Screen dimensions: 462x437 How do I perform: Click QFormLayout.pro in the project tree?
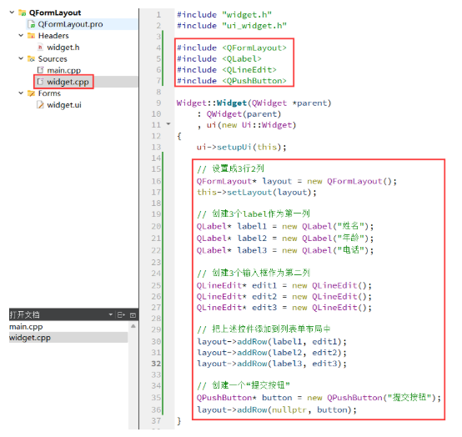click(70, 24)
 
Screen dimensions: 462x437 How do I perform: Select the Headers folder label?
click(53, 36)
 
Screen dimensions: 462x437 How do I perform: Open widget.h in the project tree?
click(63, 48)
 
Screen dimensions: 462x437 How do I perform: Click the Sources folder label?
click(53, 59)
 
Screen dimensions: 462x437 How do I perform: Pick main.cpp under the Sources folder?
click(63, 70)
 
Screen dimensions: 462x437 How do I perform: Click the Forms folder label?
click(49, 93)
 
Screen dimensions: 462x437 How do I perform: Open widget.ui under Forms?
click(64, 105)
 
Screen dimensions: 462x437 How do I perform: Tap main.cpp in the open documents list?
click(26, 327)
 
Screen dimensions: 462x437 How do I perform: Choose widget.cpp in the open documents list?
click(30, 338)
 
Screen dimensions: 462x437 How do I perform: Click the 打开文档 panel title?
click(24, 314)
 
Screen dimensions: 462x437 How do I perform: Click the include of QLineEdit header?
click(227, 70)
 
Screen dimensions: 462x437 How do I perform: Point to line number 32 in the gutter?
click(156, 364)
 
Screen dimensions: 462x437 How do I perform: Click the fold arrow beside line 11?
click(168, 123)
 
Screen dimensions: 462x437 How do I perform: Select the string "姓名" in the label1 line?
click(350, 226)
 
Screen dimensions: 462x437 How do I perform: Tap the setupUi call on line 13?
click(234, 147)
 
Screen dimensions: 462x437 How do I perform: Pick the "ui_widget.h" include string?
click(254, 26)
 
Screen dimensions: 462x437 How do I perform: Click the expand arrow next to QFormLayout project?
click(12, 13)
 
